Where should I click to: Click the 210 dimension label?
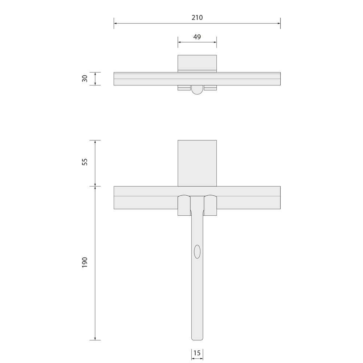click(x=197, y=17)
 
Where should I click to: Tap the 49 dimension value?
click(x=197, y=37)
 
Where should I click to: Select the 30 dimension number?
click(x=85, y=78)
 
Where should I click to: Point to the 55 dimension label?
click(x=85, y=162)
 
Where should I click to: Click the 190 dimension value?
click(x=85, y=262)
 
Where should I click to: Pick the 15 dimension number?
click(x=197, y=353)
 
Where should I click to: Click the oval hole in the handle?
click(x=197, y=252)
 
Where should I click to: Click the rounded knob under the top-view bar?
click(x=197, y=90)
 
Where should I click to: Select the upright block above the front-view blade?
click(x=197, y=163)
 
